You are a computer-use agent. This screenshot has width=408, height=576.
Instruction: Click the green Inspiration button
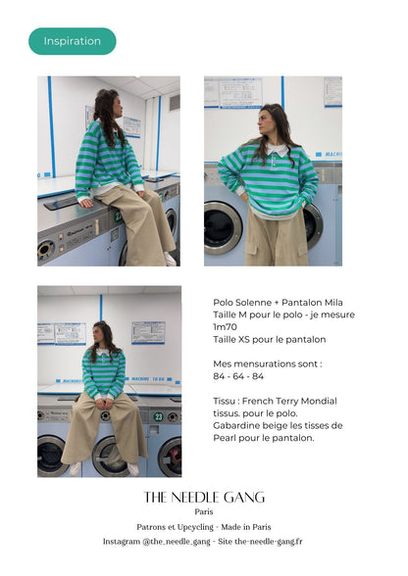coord(73,41)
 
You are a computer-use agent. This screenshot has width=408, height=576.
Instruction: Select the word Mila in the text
coord(333,303)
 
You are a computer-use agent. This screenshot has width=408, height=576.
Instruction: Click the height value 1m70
coord(225,327)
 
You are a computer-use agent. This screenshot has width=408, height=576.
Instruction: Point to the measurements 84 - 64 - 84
coord(238,376)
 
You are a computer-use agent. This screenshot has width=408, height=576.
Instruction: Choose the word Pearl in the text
coord(225,438)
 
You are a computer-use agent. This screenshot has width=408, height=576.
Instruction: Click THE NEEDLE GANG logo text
coord(204,498)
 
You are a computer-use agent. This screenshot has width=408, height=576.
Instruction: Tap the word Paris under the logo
coord(204,511)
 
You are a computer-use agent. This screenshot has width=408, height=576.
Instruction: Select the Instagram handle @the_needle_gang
coord(177,542)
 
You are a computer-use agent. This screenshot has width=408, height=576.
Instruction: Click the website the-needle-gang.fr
coord(268,542)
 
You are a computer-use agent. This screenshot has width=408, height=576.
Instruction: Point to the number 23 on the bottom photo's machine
coord(158,417)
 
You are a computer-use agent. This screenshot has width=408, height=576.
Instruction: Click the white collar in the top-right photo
coord(277,150)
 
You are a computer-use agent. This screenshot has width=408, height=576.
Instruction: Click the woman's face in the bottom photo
coord(97,334)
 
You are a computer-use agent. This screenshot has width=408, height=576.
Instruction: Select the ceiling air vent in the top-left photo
coord(175,103)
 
